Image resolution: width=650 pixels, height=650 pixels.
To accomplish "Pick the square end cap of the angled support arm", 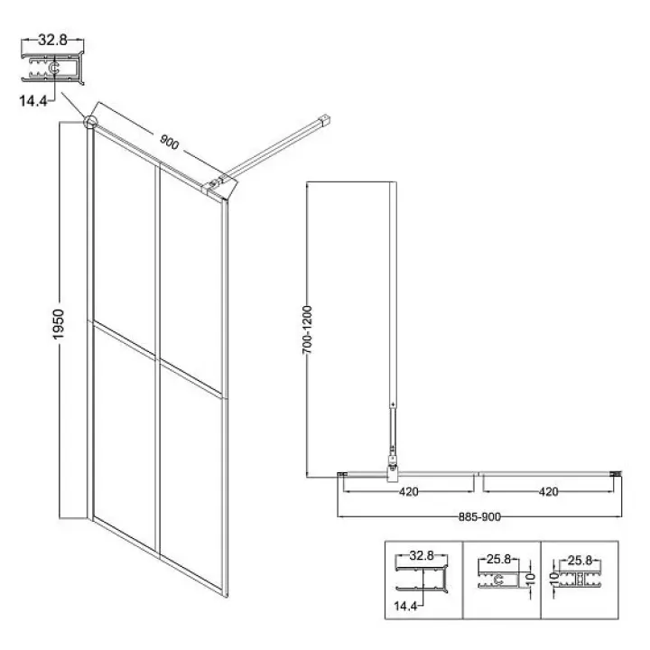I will click(x=324, y=117).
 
